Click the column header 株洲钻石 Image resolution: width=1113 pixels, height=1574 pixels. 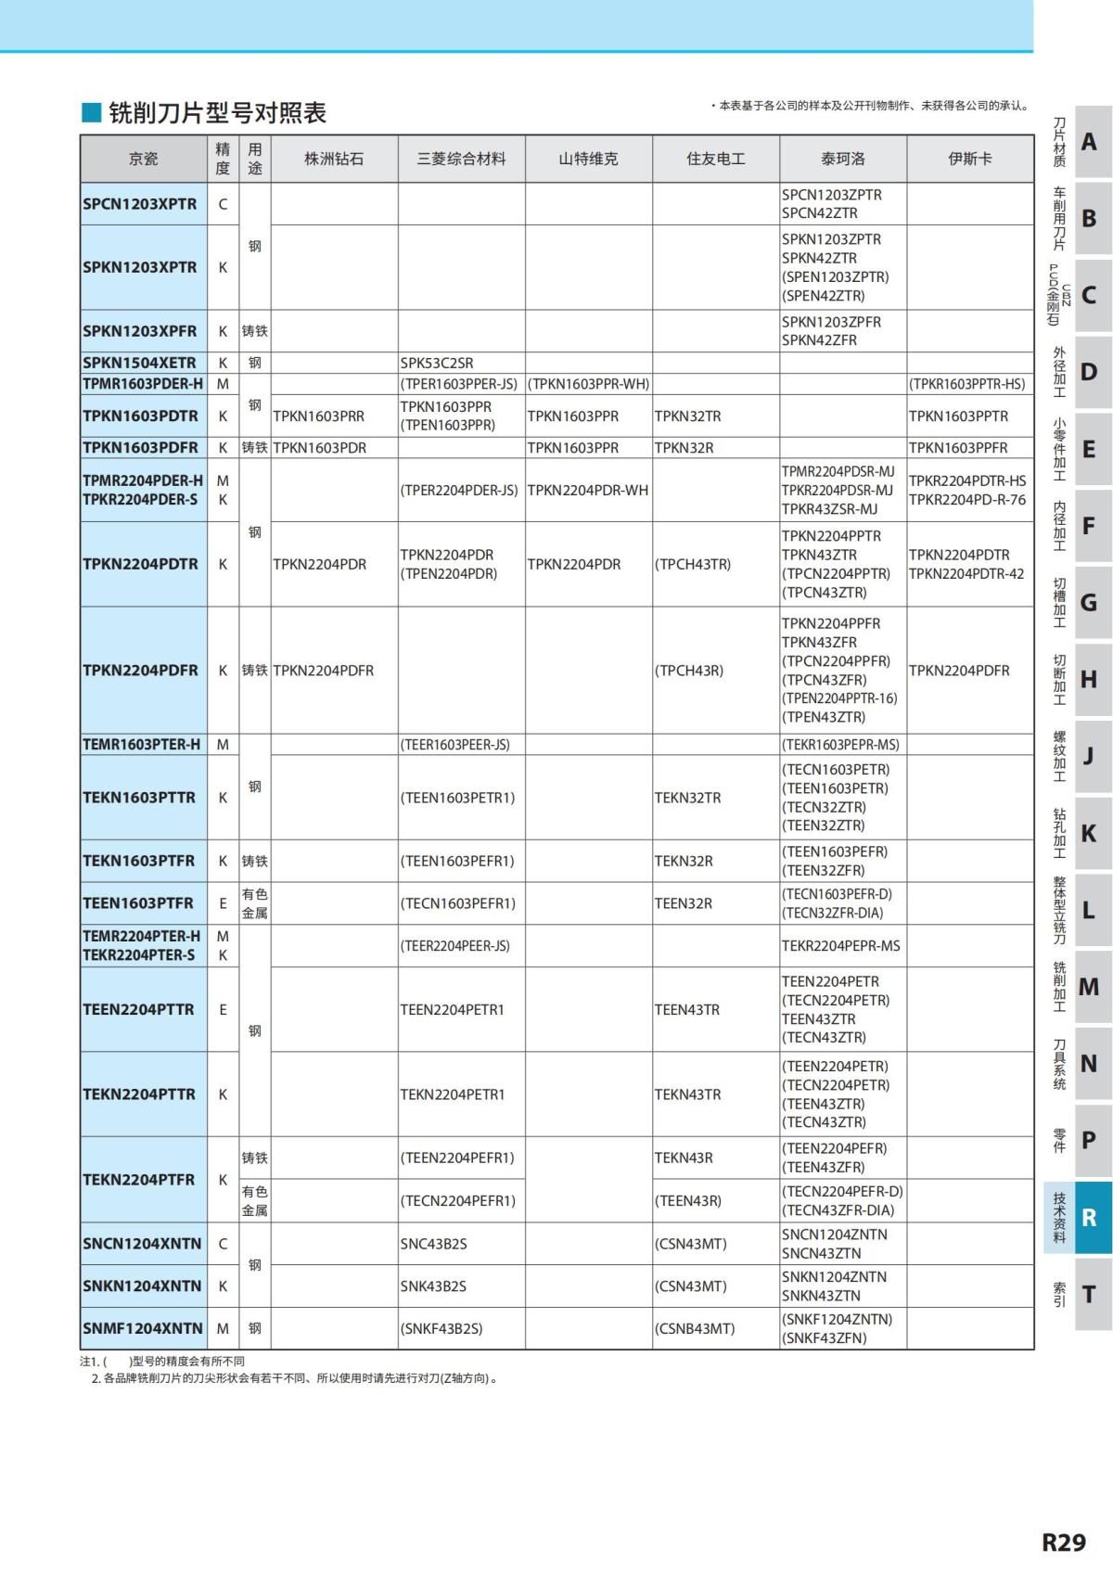click(334, 159)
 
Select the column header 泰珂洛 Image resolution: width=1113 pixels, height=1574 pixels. click(842, 159)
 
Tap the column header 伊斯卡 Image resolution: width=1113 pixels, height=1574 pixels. click(969, 159)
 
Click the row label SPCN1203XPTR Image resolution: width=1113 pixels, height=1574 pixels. click(140, 204)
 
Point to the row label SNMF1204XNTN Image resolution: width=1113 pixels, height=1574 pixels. click(142, 1328)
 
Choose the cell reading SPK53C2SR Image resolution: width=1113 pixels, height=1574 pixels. click(437, 363)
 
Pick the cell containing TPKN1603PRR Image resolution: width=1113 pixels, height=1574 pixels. click(318, 416)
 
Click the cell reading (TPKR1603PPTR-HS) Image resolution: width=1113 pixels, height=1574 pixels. click(967, 384)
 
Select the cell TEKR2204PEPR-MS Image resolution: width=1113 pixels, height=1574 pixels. click(841, 946)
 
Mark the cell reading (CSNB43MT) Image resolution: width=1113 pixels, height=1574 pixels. click(695, 1328)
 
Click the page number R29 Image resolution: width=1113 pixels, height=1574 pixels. click(1063, 1542)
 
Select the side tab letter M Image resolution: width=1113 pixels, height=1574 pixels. click(1090, 987)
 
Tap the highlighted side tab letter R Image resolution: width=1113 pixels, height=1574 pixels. click(1090, 1217)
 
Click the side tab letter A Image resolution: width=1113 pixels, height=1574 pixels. click(1090, 142)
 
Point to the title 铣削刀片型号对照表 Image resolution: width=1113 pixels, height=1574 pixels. click(218, 113)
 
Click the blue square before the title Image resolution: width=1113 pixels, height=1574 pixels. click(91, 112)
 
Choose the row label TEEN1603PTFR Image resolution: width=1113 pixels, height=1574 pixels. click(138, 903)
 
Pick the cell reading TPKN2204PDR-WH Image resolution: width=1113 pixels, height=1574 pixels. click(588, 490)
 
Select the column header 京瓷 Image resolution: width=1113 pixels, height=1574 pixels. click(143, 159)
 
